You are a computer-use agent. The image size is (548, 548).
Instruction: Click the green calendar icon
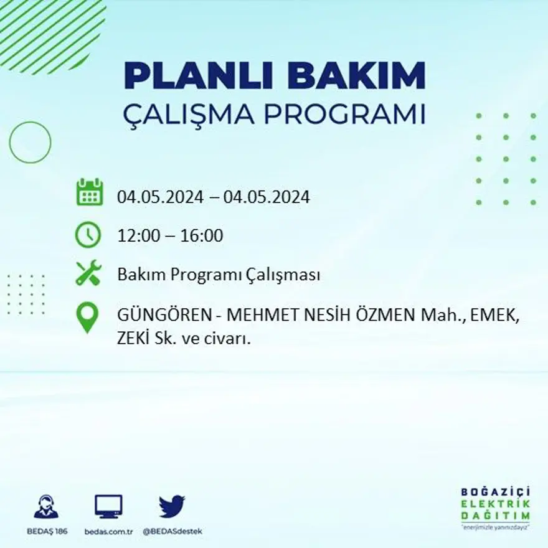click(x=89, y=192)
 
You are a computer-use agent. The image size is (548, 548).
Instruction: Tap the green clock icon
click(x=88, y=235)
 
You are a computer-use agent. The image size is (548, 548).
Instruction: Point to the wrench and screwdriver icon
click(x=88, y=273)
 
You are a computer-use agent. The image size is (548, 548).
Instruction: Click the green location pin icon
click(x=88, y=317)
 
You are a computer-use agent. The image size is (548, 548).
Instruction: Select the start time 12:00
click(x=137, y=236)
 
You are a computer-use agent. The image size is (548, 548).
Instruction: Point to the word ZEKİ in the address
click(x=133, y=339)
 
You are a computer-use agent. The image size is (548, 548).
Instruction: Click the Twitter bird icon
click(x=172, y=506)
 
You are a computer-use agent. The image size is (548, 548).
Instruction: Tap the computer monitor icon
click(x=108, y=506)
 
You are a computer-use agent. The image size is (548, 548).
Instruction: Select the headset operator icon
click(x=46, y=506)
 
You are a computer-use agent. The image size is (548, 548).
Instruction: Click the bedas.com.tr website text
click(x=108, y=531)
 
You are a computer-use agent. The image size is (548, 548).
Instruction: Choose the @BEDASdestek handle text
click(x=172, y=531)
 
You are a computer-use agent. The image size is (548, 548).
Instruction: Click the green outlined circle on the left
click(x=30, y=143)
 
